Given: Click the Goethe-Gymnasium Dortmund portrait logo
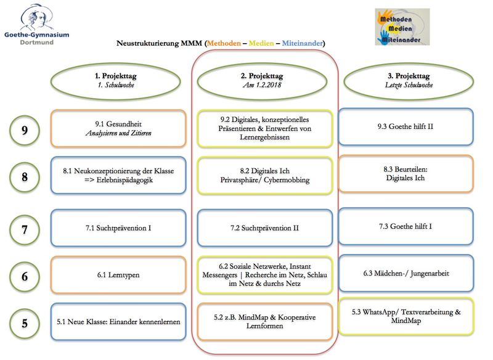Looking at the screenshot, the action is point(36,25).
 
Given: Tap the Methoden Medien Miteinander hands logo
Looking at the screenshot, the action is point(402,27).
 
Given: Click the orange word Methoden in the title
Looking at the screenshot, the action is point(224,43).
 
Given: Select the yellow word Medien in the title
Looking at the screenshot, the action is point(261,43).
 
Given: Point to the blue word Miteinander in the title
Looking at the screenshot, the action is point(302,43).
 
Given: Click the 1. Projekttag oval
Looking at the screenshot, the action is point(116,81).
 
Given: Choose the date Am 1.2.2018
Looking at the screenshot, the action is point(262,85).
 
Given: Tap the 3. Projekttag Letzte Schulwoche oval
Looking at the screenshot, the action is point(409,81).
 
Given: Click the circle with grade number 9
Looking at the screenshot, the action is point(25,130).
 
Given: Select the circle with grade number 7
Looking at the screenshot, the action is point(25,229).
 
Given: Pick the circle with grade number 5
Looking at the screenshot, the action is point(25,323).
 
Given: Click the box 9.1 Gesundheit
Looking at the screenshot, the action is point(118,128).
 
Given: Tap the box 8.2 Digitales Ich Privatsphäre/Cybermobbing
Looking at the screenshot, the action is point(265,176).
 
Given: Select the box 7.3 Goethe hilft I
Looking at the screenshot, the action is point(405,226).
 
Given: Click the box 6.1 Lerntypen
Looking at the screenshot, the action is point(118,275).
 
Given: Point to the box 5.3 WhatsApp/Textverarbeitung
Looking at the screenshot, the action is point(405,316).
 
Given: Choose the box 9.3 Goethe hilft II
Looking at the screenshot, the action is point(405,127).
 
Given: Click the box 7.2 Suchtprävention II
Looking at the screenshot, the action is point(265,228).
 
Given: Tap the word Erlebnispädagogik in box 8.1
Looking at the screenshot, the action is point(124,180).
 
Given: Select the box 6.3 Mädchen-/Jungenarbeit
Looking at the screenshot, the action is point(405,273).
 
